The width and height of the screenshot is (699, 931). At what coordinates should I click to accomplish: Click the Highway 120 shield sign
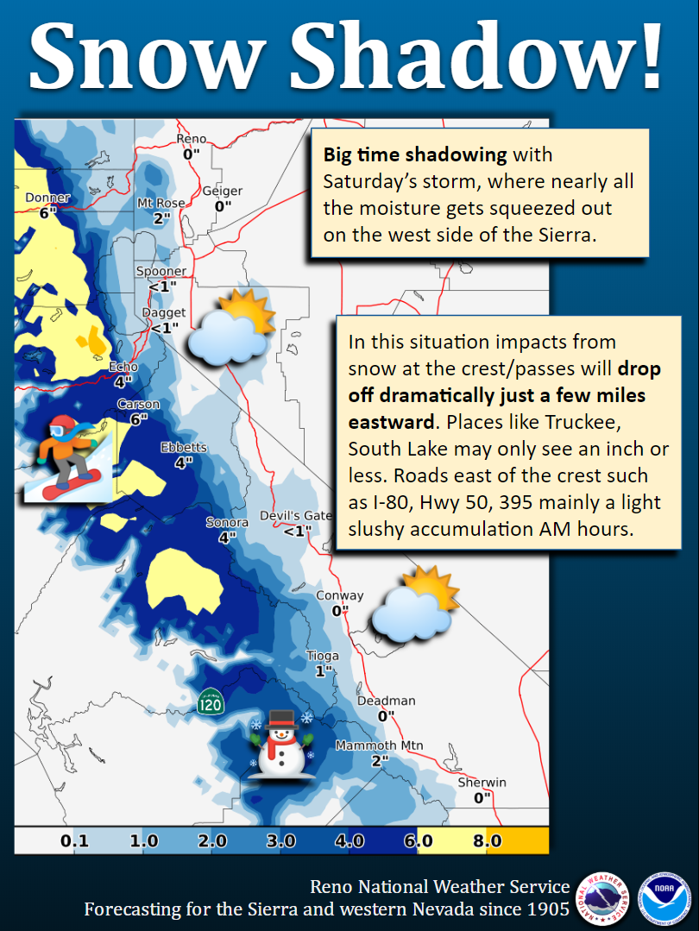pyautogui.click(x=211, y=701)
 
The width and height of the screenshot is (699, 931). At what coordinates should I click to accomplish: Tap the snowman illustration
pyautogui.click(x=280, y=744)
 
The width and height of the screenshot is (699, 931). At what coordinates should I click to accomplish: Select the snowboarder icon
pyautogui.click(x=67, y=458)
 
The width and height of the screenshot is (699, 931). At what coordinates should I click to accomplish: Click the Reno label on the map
pyautogui.click(x=192, y=139)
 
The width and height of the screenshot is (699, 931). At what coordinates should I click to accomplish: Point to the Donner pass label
pyautogui.click(x=47, y=198)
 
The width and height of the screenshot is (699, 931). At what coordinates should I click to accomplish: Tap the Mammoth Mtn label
pyautogui.click(x=380, y=745)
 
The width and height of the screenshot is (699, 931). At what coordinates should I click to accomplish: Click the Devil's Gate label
pyautogui.click(x=296, y=515)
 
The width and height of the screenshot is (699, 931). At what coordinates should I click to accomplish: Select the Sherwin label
pyautogui.click(x=482, y=783)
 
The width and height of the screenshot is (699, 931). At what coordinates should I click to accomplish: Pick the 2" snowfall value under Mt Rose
pyautogui.click(x=161, y=218)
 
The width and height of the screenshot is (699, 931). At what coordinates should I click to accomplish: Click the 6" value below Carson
pyautogui.click(x=138, y=419)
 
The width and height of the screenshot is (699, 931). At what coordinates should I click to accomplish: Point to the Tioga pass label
pyautogui.click(x=323, y=656)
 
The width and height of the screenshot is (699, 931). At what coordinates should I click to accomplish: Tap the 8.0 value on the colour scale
pyautogui.click(x=488, y=840)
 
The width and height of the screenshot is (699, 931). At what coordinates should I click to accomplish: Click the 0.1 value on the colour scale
pyautogui.click(x=75, y=840)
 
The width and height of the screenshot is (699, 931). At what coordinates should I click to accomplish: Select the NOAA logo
pyautogui.click(x=664, y=898)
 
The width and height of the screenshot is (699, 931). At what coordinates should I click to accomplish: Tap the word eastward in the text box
pyautogui.click(x=392, y=422)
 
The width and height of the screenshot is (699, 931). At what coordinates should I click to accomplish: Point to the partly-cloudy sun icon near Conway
pyautogui.click(x=416, y=605)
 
